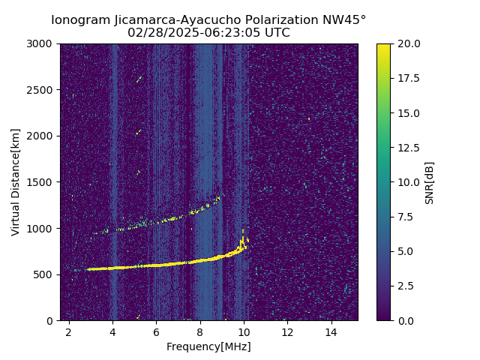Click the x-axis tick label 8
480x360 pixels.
[200, 331]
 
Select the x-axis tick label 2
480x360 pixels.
[69, 331]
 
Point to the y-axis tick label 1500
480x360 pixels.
[42, 182]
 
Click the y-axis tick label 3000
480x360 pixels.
[42, 44]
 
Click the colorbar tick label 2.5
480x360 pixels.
[405, 286]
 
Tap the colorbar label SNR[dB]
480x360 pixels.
[430, 182]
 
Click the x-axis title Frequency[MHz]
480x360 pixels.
[208, 346]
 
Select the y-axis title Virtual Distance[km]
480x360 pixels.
[16, 182]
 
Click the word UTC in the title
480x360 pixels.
[276, 33]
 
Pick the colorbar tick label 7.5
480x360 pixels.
[405, 217]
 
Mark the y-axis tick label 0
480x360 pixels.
[52, 320]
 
